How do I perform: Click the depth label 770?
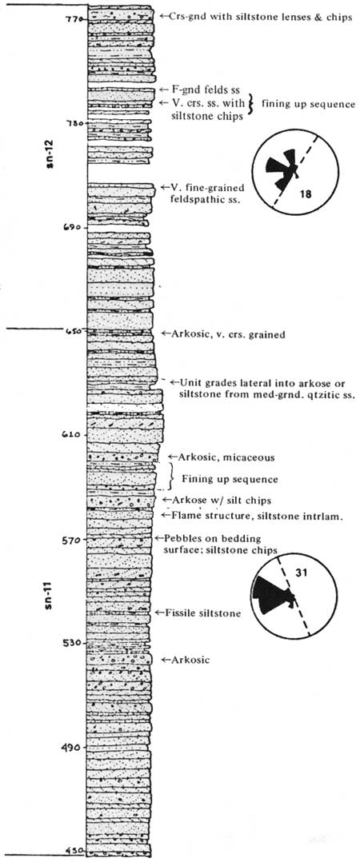[73, 18]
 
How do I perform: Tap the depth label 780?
[73, 123]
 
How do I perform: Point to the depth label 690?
[73, 226]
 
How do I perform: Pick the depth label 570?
[73, 539]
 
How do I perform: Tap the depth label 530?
[73, 643]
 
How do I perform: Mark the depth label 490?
[73, 747]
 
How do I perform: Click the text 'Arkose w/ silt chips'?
[218, 500]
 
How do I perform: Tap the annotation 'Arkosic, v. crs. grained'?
[228, 333]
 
